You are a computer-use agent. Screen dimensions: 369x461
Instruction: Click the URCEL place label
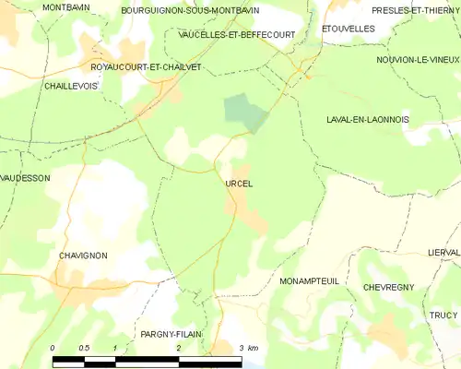[238, 184]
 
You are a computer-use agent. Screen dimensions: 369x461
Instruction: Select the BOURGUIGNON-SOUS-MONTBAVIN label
[190, 10]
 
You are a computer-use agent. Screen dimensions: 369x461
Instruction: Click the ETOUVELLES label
[348, 29]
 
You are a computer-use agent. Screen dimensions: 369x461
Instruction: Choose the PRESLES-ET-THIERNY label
[415, 10]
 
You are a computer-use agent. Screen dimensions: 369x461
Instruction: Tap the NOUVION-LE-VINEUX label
[418, 59]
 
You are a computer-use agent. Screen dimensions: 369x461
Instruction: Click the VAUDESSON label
[25, 178]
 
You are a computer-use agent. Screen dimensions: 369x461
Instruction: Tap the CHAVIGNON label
[83, 256]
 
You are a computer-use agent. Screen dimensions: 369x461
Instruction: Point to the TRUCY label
[443, 315]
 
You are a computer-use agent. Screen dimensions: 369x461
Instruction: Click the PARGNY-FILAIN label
[171, 334]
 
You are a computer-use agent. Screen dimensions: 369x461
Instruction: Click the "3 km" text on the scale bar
[247, 347]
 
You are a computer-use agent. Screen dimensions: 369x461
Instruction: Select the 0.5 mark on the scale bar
[83, 347]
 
